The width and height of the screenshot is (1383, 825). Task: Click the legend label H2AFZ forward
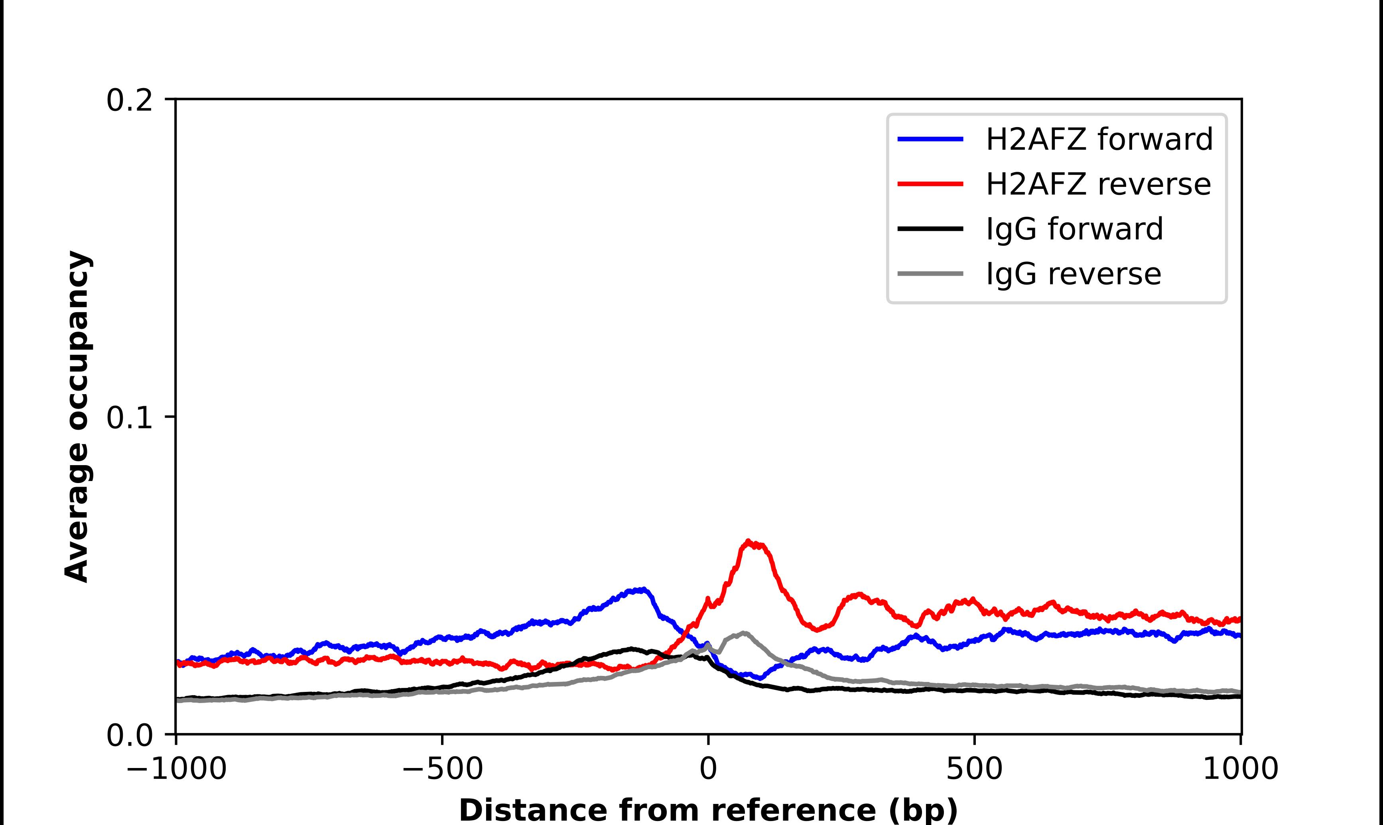tap(1099, 139)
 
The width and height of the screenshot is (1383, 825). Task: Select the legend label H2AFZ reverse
tap(1098, 184)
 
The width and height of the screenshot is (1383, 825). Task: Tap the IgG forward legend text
tap(1074, 229)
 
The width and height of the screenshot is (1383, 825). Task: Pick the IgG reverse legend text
tap(1073, 274)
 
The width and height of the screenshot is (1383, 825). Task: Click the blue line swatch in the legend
tap(930, 139)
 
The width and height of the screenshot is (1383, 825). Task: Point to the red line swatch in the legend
tap(930, 184)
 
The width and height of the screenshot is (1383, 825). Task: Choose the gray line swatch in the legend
tap(930, 273)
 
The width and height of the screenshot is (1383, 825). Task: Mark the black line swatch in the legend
tap(930, 228)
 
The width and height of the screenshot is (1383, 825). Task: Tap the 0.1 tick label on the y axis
tap(129, 418)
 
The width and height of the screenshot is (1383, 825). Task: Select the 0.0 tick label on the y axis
tap(129, 735)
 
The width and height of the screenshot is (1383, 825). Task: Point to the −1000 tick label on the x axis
tap(176, 770)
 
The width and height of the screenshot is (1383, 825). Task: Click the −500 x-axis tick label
tap(443, 770)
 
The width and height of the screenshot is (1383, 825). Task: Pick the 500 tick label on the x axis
tap(974, 770)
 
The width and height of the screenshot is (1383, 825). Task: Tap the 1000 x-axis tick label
tap(1241, 770)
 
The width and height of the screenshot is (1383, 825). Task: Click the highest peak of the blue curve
tap(643, 589)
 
